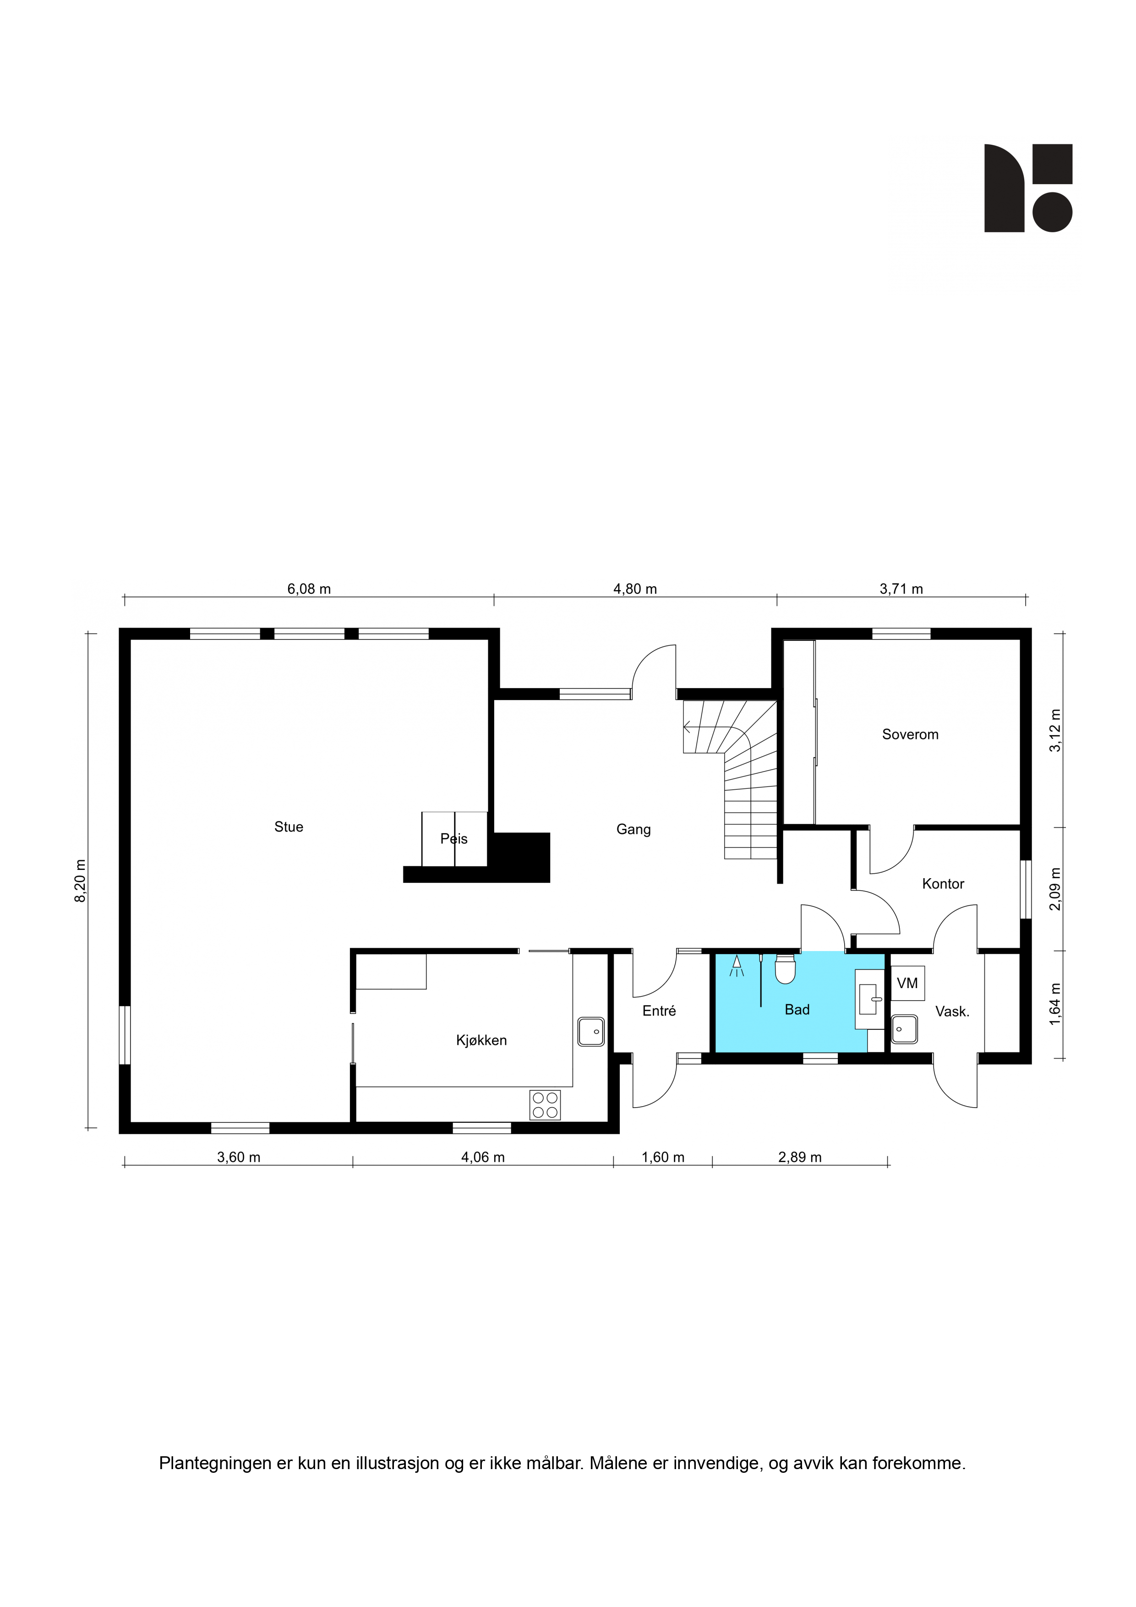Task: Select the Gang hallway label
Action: click(x=634, y=830)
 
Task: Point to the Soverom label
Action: click(x=910, y=734)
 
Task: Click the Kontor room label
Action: click(x=943, y=884)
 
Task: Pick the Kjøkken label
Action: click(x=481, y=1041)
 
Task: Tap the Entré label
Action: click(x=659, y=1011)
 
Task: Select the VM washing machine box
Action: click(x=907, y=984)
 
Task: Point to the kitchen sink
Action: click(x=591, y=1032)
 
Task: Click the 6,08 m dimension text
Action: click(x=309, y=589)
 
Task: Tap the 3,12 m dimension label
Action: click(x=1055, y=731)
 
